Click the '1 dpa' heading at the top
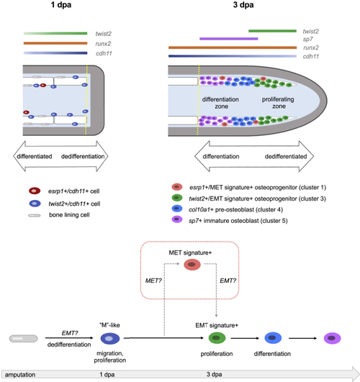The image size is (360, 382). point(61,4)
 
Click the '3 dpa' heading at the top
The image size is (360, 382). point(243,4)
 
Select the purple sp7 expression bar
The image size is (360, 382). point(228,39)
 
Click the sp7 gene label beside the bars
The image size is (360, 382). point(308,40)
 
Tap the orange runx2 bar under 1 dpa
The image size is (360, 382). point(55,43)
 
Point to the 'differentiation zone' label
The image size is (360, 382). point(220,103)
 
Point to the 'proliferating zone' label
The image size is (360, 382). point(278,103)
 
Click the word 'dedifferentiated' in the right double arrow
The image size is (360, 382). point(286,156)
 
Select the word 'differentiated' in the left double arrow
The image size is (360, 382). point(35,156)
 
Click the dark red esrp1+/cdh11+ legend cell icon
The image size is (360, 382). point(35,191)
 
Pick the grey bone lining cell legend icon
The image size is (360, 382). point(35,215)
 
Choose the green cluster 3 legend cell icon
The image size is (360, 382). point(177,198)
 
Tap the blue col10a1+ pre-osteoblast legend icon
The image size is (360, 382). point(177,209)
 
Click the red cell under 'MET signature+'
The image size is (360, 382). point(192,265)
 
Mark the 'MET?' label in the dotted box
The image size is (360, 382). point(153,281)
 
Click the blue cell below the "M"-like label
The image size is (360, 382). point(110,338)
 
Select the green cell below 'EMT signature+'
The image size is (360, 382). point(217,338)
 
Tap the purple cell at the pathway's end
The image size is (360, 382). point(332,338)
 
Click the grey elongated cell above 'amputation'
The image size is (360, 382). point(24,339)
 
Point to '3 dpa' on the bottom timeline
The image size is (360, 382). point(214,374)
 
